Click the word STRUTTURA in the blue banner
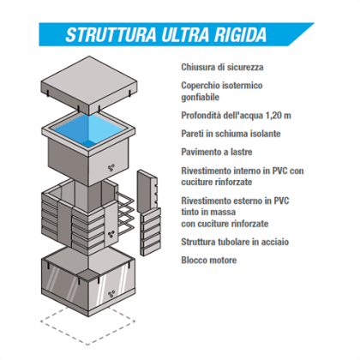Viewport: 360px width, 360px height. pos(111,34)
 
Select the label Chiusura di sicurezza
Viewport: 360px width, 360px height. pos(222,68)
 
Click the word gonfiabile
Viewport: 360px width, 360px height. pos(201,98)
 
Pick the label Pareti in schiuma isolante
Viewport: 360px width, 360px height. pos(231,134)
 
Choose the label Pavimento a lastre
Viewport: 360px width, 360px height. pos(217,152)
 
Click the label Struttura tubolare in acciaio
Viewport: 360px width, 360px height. pos(235,242)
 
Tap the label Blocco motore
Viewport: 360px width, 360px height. pos(209,261)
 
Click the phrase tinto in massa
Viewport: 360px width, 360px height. pos(208,212)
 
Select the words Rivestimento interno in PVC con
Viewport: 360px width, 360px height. pos(243,171)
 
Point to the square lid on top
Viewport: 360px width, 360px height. pos(89,85)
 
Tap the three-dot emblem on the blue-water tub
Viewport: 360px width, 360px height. pos(111,168)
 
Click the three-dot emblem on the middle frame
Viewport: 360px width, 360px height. pos(111,235)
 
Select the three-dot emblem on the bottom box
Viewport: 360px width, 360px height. pos(111,294)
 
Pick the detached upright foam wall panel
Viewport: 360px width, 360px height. pos(147,190)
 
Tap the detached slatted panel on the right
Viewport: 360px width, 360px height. pos(151,232)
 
